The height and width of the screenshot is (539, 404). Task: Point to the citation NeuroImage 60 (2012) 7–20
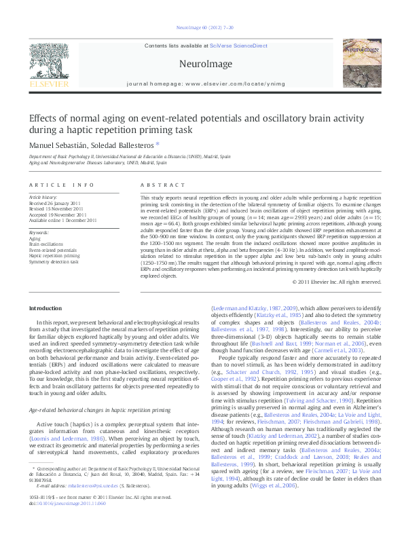tap(202, 28)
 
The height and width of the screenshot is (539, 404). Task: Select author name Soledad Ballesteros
tap(123, 145)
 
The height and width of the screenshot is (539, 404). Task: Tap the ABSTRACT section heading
tap(158, 185)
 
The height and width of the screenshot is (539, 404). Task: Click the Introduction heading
tap(45, 308)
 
